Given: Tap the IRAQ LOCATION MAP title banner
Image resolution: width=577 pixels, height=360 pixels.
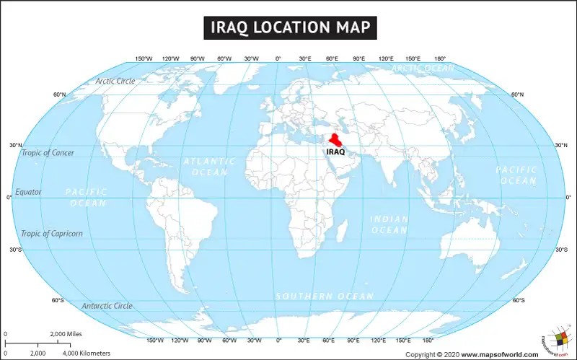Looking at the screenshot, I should click(x=288, y=28).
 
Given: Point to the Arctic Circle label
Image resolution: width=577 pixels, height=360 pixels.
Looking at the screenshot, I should click(x=115, y=81).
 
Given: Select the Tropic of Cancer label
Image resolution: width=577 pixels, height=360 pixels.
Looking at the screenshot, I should click(x=48, y=153).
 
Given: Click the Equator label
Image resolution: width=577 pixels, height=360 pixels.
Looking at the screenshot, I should click(x=29, y=192).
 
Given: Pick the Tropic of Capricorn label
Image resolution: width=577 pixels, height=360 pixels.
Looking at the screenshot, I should click(x=52, y=233).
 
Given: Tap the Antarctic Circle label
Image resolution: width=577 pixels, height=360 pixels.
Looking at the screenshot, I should click(x=107, y=306).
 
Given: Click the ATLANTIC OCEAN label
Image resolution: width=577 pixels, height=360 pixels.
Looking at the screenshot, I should click(x=205, y=167).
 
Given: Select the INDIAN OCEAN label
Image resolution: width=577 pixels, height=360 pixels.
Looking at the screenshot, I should click(x=389, y=224).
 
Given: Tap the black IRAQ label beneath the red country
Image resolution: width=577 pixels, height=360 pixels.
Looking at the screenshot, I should click(x=336, y=152).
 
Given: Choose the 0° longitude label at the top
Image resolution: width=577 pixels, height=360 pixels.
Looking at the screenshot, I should click(x=278, y=58).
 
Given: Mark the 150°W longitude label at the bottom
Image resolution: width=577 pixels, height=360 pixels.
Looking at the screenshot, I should click(x=155, y=340).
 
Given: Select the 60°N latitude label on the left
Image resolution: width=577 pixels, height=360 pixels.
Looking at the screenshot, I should click(x=60, y=95).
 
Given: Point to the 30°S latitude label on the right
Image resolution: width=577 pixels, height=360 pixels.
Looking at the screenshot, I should click(x=561, y=250).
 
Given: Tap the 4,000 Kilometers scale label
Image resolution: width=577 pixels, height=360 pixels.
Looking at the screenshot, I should click(x=87, y=353).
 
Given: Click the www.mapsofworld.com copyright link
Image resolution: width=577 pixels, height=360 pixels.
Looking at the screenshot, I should click(x=499, y=354).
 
